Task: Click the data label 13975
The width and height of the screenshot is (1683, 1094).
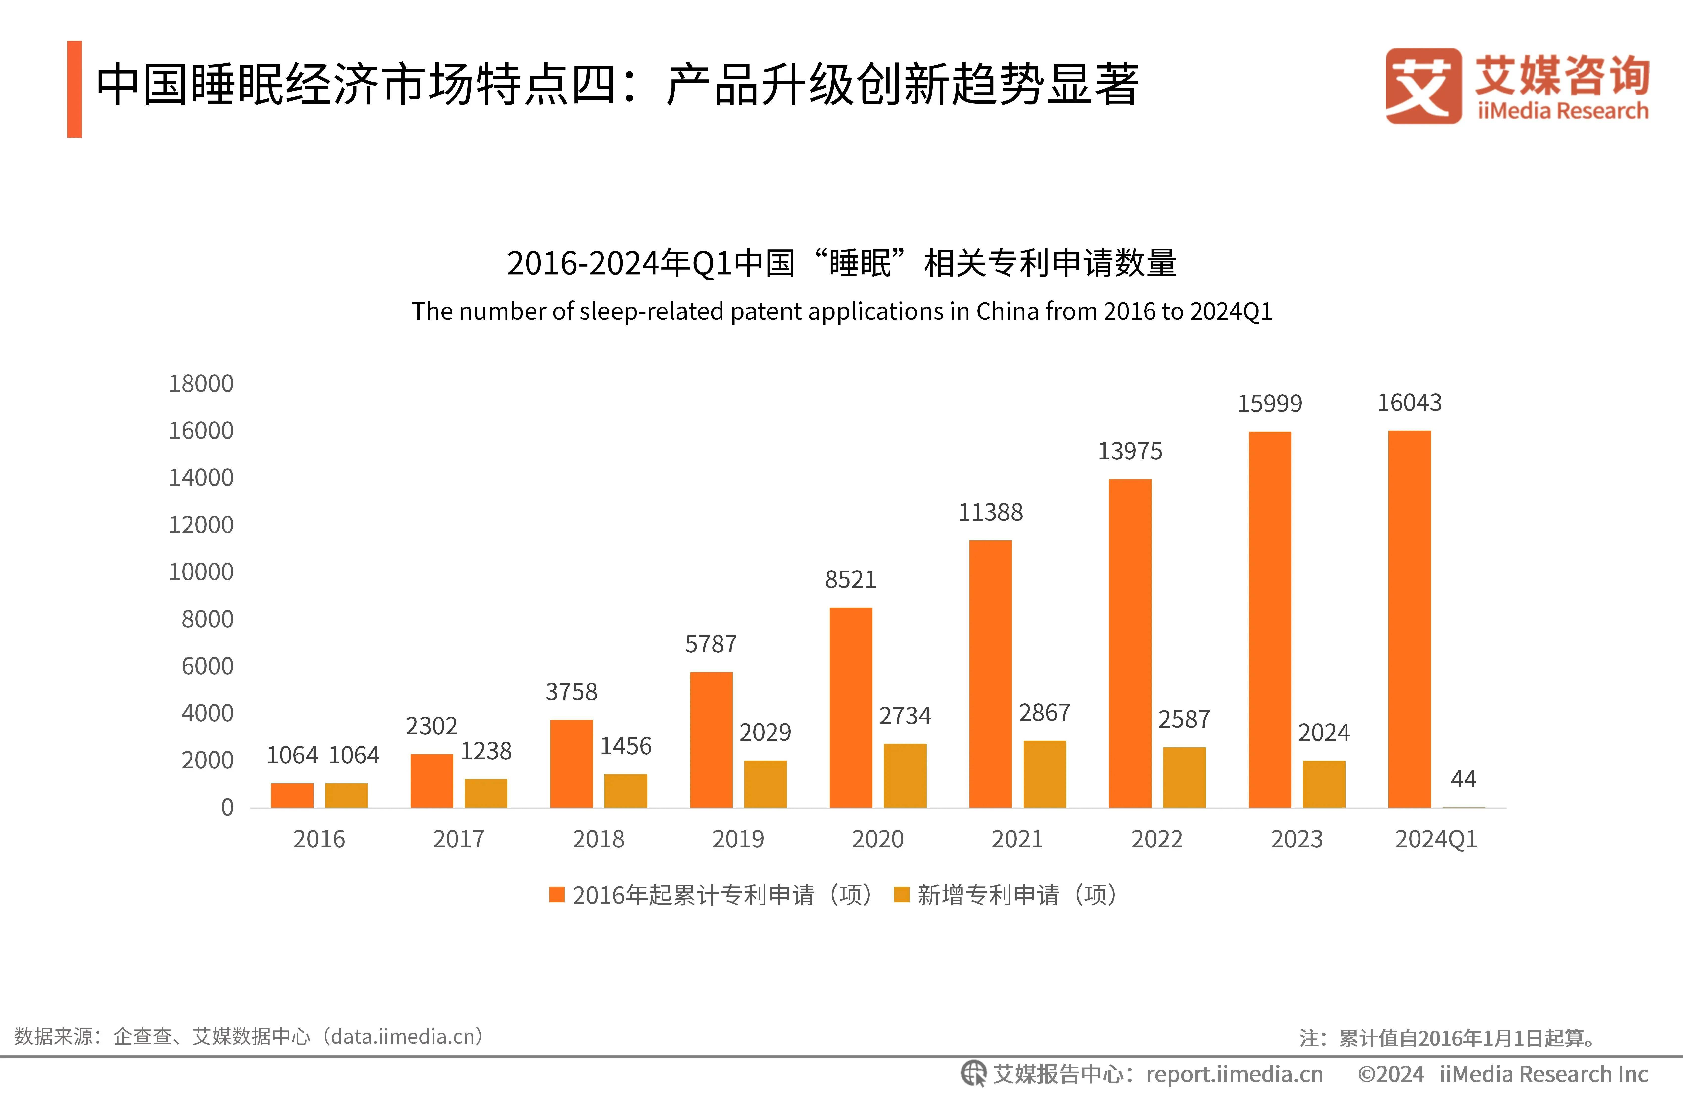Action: [x=1129, y=451]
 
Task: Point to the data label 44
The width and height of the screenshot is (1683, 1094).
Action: [x=1463, y=779]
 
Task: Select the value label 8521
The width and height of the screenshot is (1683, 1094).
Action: [x=850, y=580]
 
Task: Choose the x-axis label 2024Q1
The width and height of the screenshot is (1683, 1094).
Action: [x=1436, y=839]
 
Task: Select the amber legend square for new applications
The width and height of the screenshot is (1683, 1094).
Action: [x=902, y=895]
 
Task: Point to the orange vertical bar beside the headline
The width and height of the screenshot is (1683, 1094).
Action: [x=74, y=89]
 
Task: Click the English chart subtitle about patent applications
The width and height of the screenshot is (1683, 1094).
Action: [x=841, y=311]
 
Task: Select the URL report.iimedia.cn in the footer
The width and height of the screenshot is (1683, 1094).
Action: [x=1234, y=1074]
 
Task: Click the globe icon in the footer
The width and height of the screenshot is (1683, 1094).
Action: [x=973, y=1073]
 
